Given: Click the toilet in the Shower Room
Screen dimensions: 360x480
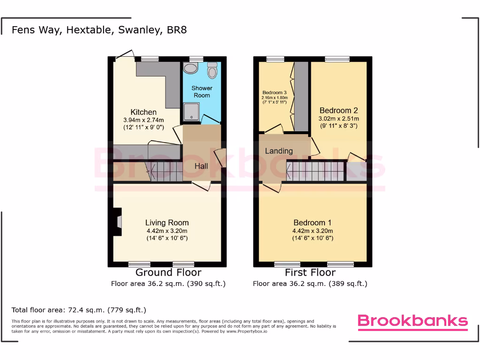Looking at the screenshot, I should pyautogui.click(x=213, y=71).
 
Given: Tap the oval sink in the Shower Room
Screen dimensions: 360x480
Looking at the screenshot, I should pyautogui.click(x=191, y=69).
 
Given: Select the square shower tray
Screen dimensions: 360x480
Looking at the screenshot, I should pyautogui.click(x=192, y=112).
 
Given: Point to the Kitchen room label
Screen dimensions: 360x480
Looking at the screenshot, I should pyautogui.click(x=143, y=112).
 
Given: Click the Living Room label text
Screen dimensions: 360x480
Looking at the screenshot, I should pyautogui.click(x=167, y=223).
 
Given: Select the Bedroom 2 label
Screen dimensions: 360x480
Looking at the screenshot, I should pyautogui.click(x=338, y=111).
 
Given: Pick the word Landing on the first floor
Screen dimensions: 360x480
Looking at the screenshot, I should pyautogui.click(x=279, y=151).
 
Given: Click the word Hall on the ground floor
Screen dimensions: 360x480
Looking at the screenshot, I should pyautogui.click(x=202, y=166).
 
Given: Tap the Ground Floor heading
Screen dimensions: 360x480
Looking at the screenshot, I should pyautogui.click(x=168, y=272).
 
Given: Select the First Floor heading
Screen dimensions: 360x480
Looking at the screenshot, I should pyautogui.click(x=310, y=272).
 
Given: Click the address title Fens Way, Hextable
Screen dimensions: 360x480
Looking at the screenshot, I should pyautogui.click(x=99, y=30).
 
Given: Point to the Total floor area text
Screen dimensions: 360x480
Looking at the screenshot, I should pyautogui.click(x=79, y=310).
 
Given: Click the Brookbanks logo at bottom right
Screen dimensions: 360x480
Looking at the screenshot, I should pyautogui.click(x=412, y=321).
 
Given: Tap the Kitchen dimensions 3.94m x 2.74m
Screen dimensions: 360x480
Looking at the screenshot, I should pyautogui.click(x=143, y=120).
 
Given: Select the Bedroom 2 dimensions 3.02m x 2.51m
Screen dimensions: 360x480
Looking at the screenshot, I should pyautogui.click(x=338, y=119).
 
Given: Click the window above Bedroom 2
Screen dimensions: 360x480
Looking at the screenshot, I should pyautogui.click(x=337, y=59).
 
